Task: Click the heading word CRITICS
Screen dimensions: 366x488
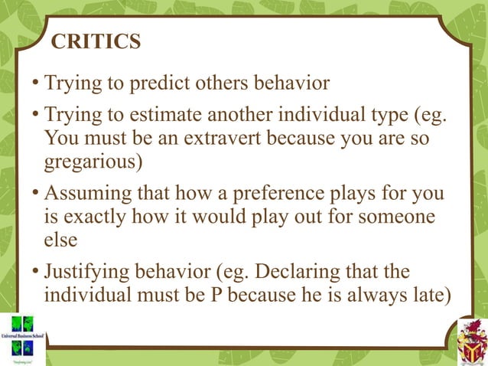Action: click(x=96, y=41)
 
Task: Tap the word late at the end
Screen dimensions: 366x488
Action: click(x=423, y=295)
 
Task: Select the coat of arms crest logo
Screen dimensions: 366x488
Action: click(x=470, y=341)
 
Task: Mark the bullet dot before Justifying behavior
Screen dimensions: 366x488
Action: click(x=36, y=273)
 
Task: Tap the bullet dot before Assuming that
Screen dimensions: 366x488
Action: click(x=36, y=194)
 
